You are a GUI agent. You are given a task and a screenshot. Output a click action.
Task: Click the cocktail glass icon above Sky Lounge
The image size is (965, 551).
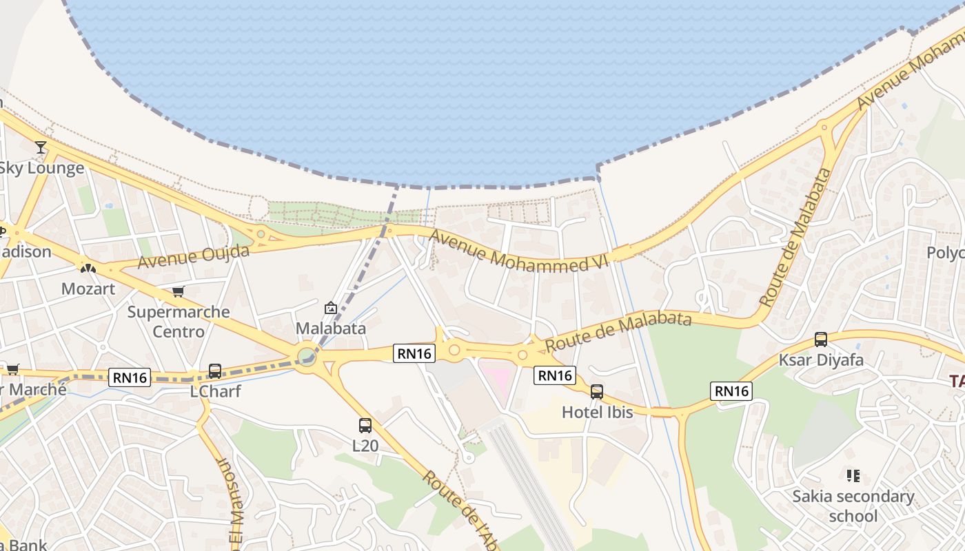click(x=41, y=147)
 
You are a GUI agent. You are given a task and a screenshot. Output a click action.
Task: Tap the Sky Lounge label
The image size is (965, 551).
click(x=41, y=168)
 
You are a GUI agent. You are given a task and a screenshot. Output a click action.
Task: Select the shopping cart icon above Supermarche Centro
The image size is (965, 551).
click(x=179, y=292)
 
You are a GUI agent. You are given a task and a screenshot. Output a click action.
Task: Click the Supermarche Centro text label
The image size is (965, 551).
click(x=179, y=322)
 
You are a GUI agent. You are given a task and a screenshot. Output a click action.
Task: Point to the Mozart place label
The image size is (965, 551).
click(x=88, y=289)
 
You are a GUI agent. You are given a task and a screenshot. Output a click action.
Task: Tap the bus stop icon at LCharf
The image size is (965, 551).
click(x=215, y=371)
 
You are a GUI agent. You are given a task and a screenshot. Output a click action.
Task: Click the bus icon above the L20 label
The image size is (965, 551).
click(x=365, y=426)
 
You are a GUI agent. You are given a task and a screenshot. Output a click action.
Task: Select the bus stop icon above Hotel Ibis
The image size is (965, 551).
click(x=597, y=392)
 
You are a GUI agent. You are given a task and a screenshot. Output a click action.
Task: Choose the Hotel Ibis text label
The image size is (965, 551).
click(x=597, y=413)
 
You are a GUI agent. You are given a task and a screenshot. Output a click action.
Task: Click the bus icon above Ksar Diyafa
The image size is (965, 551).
click(x=820, y=340)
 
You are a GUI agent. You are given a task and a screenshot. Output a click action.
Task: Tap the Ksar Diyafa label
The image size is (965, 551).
click(x=820, y=360)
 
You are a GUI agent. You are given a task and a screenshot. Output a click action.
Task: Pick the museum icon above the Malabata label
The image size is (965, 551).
click(x=330, y=308)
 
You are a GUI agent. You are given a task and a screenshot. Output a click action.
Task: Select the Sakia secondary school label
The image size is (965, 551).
click(x=853, y=506)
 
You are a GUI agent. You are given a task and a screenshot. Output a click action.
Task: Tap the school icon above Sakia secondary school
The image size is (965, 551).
click(x=853, y=476)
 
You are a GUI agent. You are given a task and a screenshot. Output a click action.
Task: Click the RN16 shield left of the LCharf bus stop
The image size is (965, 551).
click(x=130, y=377)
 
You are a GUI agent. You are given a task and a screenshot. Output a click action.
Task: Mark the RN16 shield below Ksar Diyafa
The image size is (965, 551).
click(x=731, y=391)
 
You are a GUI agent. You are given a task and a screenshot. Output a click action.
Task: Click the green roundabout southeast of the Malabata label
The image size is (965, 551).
click(x=306, y=357)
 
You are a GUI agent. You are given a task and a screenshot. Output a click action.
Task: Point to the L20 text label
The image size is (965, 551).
click(x=365, y=446)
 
